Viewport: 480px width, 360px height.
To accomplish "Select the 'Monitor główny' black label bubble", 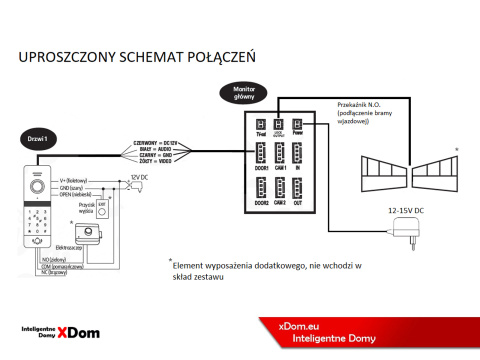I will click(x=244, y=92).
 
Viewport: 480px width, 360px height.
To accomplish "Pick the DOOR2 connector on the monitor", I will click(x=259, y=187).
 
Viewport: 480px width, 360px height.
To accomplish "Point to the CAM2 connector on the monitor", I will click(x=282, y=187).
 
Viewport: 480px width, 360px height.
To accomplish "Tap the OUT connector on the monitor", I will click(x=304, y=187).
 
